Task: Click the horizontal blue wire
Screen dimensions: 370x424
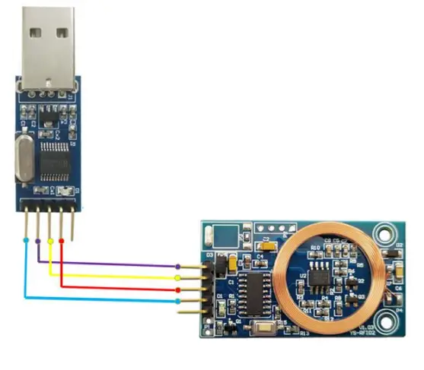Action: [x=107, y=299]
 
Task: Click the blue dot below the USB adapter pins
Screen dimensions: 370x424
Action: [x=27, y=240]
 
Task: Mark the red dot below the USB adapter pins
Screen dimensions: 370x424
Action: [x=62, y=240]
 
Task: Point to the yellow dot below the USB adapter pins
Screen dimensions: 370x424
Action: [x=50, y=241]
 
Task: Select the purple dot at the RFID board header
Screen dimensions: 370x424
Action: [x=179, y=266]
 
